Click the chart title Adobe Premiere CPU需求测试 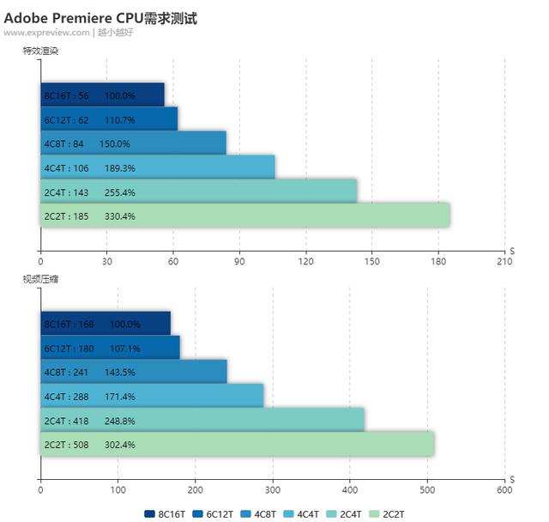coord(100,18)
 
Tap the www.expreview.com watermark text coord(46,33)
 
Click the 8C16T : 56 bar coord(102,95)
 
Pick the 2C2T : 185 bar coord(244,215)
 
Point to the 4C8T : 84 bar coord(133,143)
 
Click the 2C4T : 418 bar coord(202,421)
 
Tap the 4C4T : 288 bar coord(152,397)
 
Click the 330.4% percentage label coord(119,216)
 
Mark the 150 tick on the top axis coord(372,262)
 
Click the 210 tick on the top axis coord(504,262)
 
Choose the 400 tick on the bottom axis coord(350,490)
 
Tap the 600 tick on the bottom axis coord(504,490)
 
